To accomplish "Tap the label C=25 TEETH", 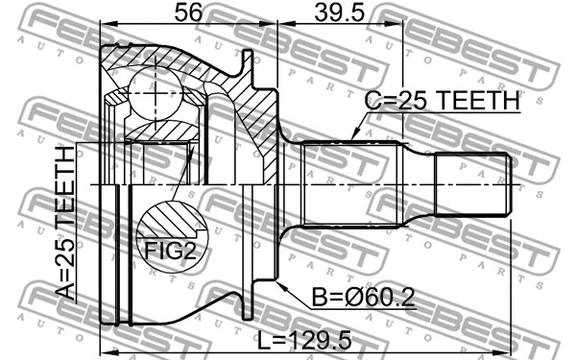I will point(441,101).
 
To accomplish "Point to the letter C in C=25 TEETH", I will point(371,101).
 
